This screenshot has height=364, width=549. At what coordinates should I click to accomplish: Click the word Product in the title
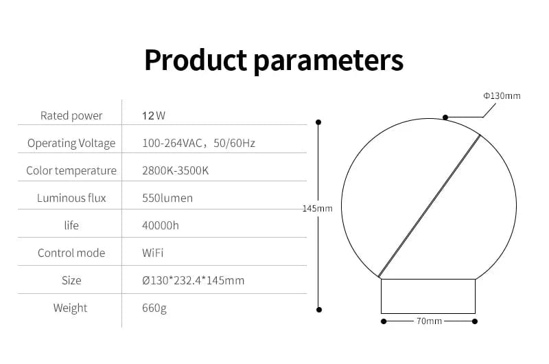click(x=194, y=60)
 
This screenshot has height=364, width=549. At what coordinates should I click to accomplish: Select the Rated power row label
click(x=71, y=115)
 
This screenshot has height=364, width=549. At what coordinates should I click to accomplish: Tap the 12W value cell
click(x=154, y=115)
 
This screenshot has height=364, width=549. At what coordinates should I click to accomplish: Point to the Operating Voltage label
click(x=71, y=143)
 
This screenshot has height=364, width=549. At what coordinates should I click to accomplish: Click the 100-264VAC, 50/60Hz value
click(x=198, y=143)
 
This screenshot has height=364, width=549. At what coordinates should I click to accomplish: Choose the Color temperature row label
click(x=71, y=170)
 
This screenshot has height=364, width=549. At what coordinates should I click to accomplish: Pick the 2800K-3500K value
click(x=175, y=170)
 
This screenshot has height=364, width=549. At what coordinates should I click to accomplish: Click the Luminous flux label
click(x=71, y=198)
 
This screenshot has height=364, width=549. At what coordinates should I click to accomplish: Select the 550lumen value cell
click(x=167, y=198)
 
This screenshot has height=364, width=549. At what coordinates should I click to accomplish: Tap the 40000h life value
click(x=161, y=225)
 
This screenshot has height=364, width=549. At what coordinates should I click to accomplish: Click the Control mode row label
click(x=71, y=253)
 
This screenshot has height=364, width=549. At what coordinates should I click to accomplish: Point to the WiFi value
click(x=152, y=253)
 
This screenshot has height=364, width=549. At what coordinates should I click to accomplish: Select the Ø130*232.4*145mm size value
click(x=193, y=280)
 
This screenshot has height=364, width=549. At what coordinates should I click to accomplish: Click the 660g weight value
click(x=154, y=308)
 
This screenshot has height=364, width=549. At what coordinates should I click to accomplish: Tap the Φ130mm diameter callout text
click(x=502, y=95)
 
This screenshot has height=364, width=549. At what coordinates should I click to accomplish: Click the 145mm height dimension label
click(x=317, y=208)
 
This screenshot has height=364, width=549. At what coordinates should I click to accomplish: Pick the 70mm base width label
click(x=429, y=321)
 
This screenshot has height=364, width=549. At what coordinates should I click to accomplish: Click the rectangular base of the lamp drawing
click(x=428, y=296)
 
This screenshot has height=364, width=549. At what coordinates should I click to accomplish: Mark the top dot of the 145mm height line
click(x=318, y=122)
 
